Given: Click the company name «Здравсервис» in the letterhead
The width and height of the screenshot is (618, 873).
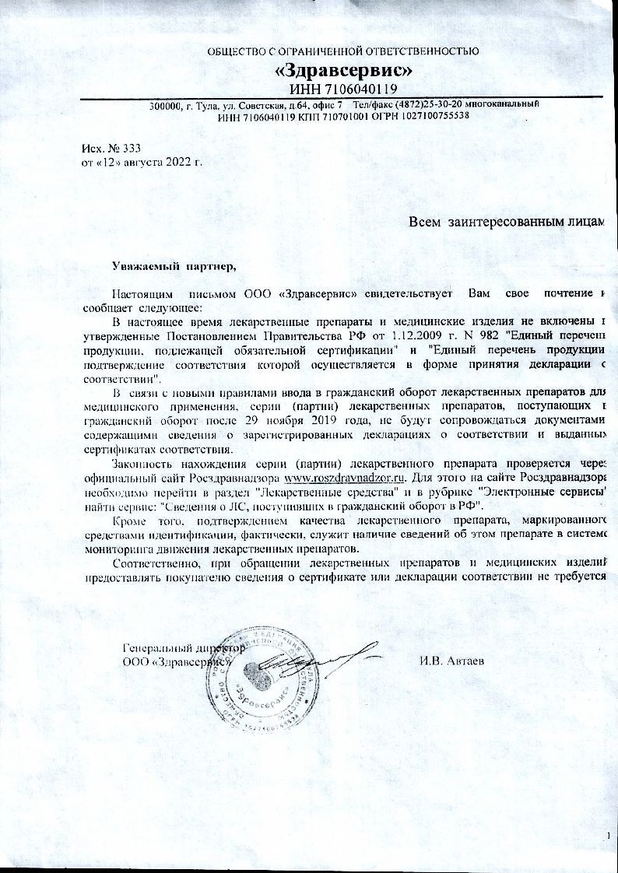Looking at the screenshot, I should (x=343, y=71).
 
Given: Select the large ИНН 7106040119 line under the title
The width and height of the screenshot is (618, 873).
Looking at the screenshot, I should (x=343, y=89).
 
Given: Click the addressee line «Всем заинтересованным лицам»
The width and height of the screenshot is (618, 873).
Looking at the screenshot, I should (x=507, y=223).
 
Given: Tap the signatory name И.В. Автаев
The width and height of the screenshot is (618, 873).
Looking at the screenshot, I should (x=451, y=662).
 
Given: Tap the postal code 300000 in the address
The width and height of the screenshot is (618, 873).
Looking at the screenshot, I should (x=164, y=104).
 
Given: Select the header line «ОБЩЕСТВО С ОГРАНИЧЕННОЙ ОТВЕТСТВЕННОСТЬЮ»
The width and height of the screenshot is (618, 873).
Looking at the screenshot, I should (x=343, y=52).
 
